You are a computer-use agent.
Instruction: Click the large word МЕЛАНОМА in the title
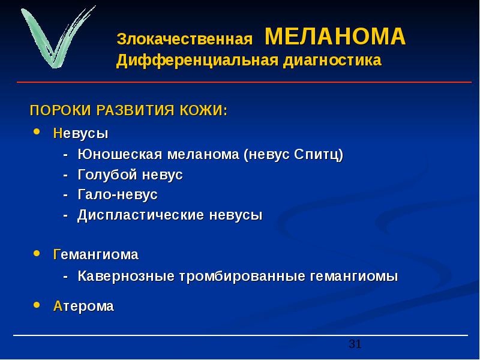pyautogui.click(x=335, y=37)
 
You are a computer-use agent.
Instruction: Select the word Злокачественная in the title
pyautogui.click(x=185, y=39)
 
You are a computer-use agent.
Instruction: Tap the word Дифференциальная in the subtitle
pyautogui.click(x=197, y=60)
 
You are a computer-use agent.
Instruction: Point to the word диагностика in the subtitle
pyautogui.click(x=332, y=61)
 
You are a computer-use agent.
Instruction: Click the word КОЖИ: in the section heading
pyautogui.click(x=204, y=110)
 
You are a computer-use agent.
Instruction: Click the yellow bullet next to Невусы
pyautogui.click(x=37, y=131)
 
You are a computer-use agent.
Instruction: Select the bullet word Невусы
pyautogui.click(x=81, y=133)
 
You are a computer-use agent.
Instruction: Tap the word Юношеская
pyautogui.click(x=119, y=154)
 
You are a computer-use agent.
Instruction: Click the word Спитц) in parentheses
pyautogui.click(x=319, y=155)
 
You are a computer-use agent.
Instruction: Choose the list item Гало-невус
pyautogui.click(x=118, y=194)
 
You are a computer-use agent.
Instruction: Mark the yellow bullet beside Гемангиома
pyautogui.click(x=37, y=253)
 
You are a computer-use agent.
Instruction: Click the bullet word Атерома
pyautogui.click(x=83, y=306)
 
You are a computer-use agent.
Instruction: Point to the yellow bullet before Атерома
pyautogui.click(x=37, y=305)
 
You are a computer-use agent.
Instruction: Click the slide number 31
pyautogui.click(x=355, y=344)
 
